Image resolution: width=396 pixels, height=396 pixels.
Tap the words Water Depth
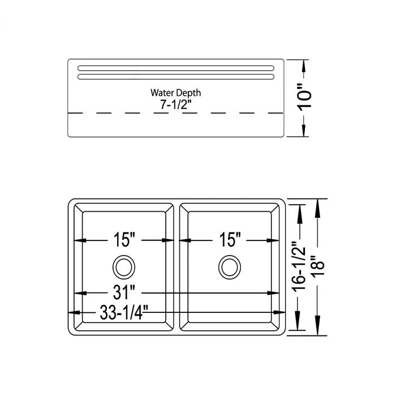click(175, 92)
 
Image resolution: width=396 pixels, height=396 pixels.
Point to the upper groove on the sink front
click(175, 69)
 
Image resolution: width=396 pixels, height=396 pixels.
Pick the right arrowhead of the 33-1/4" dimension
click(279, 312)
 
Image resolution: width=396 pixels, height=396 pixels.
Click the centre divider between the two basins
click(177, 266)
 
